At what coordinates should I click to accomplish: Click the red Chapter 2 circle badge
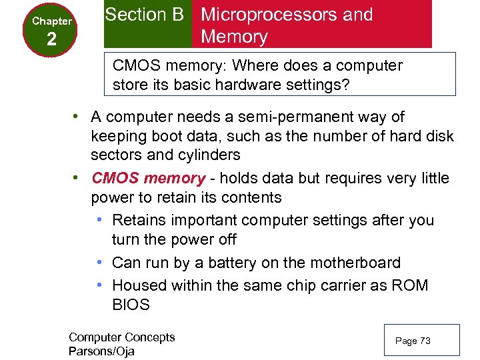pos(51,31)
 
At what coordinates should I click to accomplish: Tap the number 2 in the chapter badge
pos(52,41)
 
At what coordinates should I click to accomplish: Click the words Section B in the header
pos(144,15)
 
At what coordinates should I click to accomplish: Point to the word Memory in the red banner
pos(234,37)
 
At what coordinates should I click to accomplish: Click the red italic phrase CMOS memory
pos(149,178)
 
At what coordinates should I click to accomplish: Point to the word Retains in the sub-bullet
pos(139,220)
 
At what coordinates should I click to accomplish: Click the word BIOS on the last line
pos(131,305)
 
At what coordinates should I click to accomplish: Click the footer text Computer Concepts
pos(121,337)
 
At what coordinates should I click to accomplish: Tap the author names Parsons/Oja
pos(101,351)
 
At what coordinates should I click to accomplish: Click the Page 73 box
pos(421,341)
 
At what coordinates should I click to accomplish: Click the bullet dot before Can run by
pos(99,263)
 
